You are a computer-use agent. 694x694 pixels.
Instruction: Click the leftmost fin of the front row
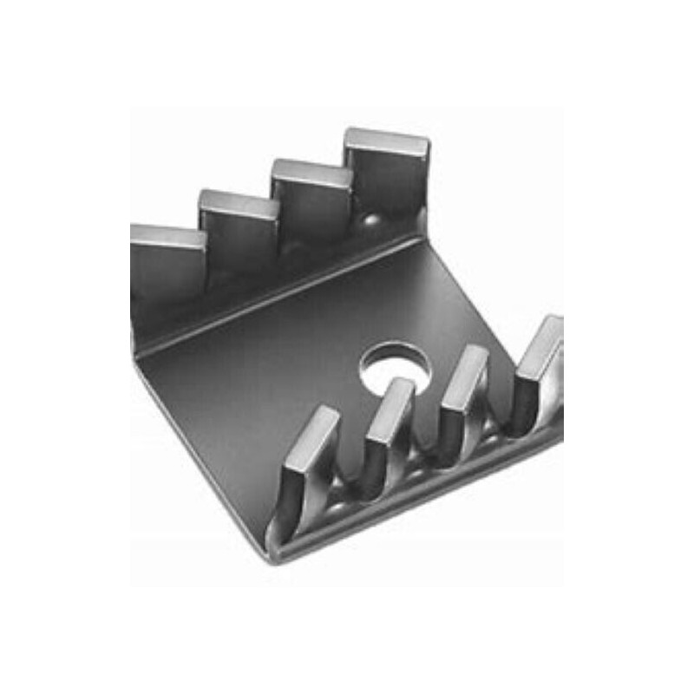pyautogui.click(x=308, y=460)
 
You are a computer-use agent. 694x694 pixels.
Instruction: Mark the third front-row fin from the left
pyautogui.click(x=462, y=395)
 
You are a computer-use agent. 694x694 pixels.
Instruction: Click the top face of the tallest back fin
pyautogui.click(x=386, y=141)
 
